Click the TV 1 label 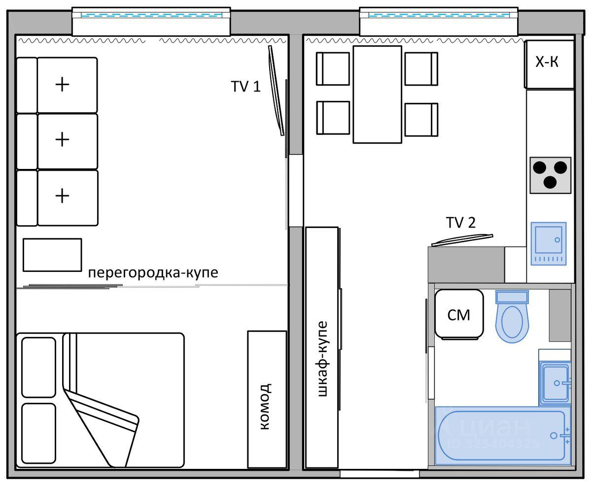pos(246,86)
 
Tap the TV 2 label pos(460,222)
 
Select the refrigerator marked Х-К pos(549,64)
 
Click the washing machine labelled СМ pos(459,314)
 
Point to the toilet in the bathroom pos(512,316)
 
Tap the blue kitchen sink pos(549,244)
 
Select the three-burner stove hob pos(551,175)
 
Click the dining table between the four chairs pos(377,95)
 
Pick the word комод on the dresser pos(266,407)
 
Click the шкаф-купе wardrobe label pos(322,359)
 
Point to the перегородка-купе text pos(153,273)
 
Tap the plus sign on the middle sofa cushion pos(62,139)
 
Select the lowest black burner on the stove pos(550,182)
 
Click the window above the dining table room pos(439,22)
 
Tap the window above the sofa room pos(151,22)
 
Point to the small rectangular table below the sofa pos(52,255)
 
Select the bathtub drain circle pos(554,435)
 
